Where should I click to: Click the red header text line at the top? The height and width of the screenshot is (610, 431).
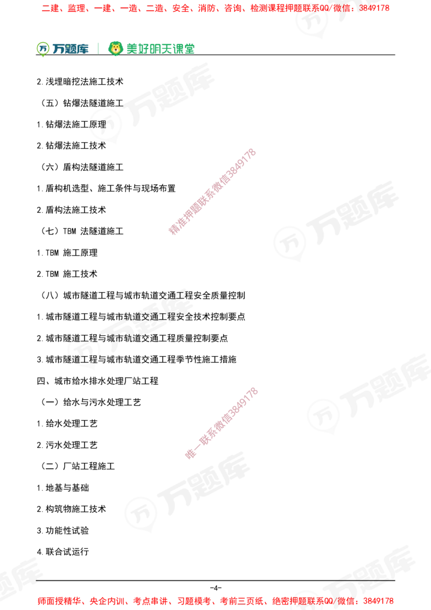(x=215, y=9)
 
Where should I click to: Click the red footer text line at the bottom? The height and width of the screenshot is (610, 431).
(x=215, y=600)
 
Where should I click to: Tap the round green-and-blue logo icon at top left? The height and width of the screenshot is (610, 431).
(x=43, y=48)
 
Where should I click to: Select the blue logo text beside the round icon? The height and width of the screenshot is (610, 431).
(x=71, y=49)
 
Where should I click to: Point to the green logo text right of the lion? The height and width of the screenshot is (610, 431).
(x=160, y=49)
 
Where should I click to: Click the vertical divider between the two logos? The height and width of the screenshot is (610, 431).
(x=98, y=47)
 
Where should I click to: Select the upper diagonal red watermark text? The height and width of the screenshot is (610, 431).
(x=212, y=192)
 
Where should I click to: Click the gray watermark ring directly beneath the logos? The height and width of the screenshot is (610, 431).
(x=106, y=126)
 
